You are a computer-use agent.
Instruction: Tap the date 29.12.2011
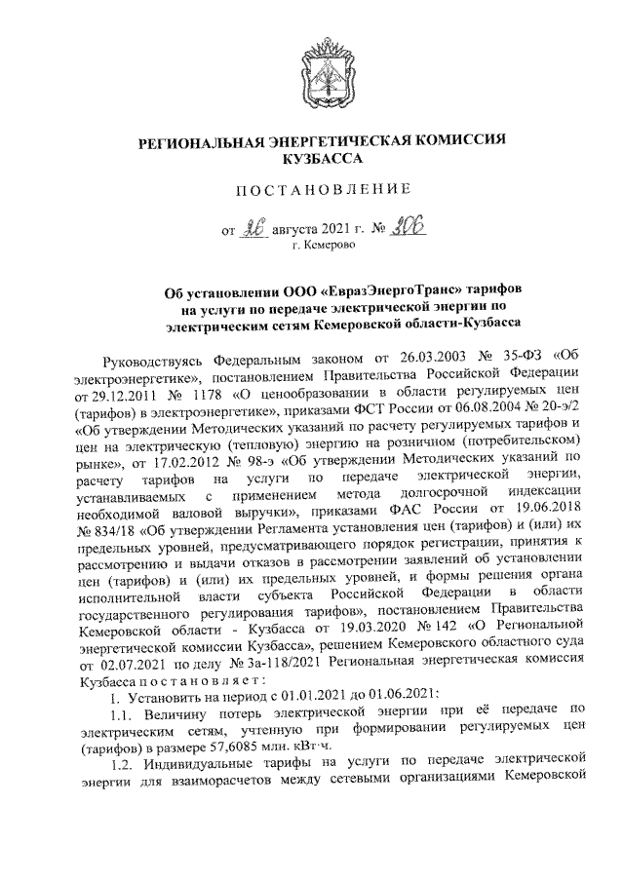click(113, 398)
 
